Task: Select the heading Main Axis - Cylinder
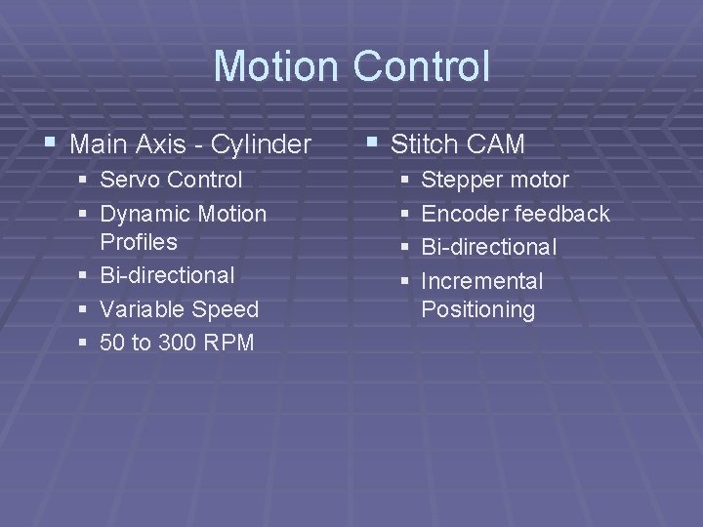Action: pos(191,144)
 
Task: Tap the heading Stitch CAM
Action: pos(458,144)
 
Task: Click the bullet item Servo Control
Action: pos(171,180)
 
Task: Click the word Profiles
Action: pos(139,241)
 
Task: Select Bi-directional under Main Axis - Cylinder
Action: pos(167,275)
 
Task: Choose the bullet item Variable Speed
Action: pos(179,309)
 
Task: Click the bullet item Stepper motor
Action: pos(494,180)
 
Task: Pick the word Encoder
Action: pos(464,213)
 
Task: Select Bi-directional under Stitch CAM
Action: pos(487,247)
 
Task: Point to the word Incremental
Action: pos(481,281)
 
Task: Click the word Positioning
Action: pos(477,310)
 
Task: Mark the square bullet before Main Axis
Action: pos(50,144)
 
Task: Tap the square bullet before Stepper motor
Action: pos(404,181)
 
